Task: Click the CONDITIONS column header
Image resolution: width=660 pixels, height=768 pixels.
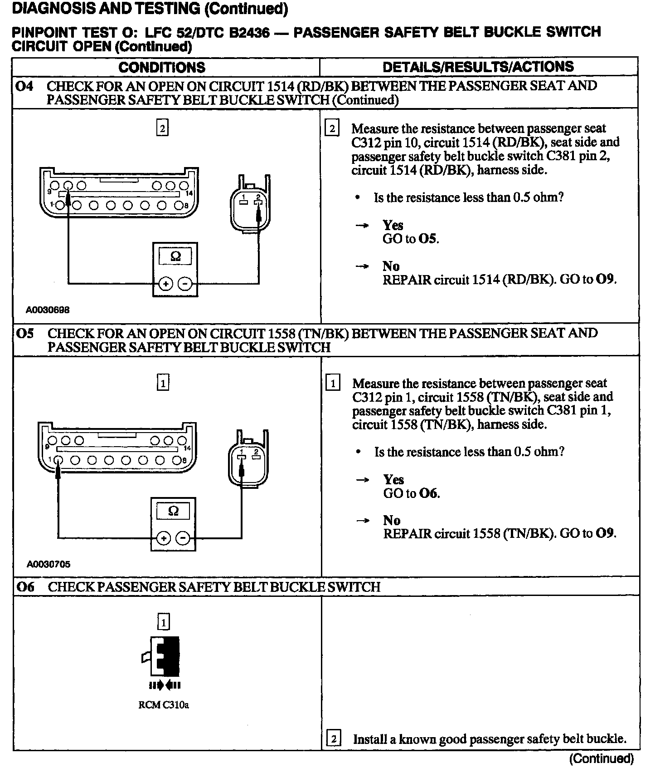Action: click(161, 67)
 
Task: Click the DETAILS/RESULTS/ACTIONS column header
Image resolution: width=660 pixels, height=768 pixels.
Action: click(478, 67)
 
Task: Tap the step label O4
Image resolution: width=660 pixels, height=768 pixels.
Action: click(24, 86)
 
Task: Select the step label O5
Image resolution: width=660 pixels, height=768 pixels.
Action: click(25, 334)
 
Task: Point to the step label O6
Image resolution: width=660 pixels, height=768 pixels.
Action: click(25, 587)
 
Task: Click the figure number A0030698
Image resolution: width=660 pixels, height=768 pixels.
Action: click(48, 310)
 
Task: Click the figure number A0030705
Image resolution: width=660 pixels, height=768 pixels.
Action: click(49, 564)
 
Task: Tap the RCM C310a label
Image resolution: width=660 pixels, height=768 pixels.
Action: click(163, 705)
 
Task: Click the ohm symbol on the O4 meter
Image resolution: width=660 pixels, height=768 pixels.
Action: click(175, 256)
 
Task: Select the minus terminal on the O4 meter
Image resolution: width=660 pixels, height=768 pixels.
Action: click(185, 284)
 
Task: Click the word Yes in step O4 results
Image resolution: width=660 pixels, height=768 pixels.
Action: click(393, 225)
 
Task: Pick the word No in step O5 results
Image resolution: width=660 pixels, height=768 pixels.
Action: click(392, 520)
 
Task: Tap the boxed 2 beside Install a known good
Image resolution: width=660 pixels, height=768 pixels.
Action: click(333, 739)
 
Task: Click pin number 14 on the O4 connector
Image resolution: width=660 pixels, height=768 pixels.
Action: click(189, 193)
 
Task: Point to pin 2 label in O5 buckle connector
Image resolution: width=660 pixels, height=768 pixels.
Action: click(256, 451)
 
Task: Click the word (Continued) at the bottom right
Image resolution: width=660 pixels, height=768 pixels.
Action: click(601, 758)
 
